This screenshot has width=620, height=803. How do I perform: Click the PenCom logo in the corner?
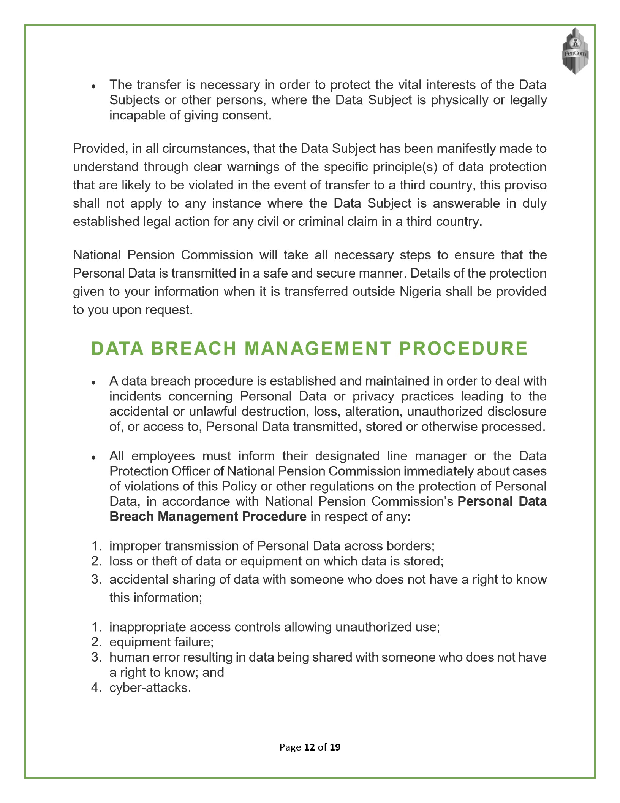[x=575, y=51]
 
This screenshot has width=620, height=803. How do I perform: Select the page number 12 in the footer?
[x=310, y=747]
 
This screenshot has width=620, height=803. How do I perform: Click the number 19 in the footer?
[x=335, y=747]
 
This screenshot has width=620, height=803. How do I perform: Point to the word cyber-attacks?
[x=150, y=687]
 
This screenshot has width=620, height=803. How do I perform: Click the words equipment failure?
[x=161, y=642]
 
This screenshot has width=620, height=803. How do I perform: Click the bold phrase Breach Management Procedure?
[x=208, y=516]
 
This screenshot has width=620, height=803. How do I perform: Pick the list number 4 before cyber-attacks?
[x=96, y=687]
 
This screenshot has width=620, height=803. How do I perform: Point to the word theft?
[x=166, y=561]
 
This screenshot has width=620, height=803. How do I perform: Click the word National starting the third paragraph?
[x=97, y=255]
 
